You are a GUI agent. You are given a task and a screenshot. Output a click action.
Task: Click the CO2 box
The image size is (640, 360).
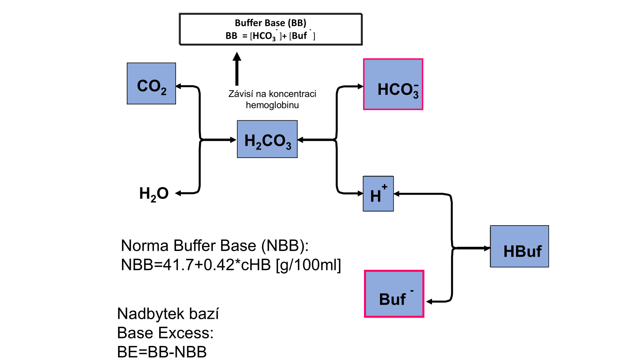pos(151,84)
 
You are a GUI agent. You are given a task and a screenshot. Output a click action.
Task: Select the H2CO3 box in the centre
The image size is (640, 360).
pos(267,139)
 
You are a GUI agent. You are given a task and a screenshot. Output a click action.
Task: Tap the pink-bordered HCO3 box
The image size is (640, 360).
pos(393,84)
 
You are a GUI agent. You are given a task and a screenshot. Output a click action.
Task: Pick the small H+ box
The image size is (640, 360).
pos(378,194)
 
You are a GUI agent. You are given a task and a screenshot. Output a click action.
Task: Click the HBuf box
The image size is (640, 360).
pos(520,246)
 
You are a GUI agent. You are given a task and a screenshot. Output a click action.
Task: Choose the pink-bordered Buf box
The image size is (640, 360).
pos(394,294)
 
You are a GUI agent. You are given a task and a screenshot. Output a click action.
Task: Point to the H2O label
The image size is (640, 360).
pos(154,194)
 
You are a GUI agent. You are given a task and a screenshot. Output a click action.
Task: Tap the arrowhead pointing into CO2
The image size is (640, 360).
pos(179,86)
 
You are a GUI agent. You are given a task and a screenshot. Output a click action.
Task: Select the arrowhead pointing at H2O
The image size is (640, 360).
pos(178,193)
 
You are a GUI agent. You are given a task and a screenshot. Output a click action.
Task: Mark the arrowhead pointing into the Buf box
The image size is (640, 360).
pos(429,302)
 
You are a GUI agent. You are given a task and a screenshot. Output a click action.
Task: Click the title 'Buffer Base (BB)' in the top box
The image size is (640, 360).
pos(270,23)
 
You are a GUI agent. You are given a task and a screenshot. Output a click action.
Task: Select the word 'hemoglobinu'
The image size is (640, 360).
pos(272,105)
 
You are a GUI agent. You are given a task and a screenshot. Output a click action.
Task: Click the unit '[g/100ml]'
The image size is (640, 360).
pos(308,265)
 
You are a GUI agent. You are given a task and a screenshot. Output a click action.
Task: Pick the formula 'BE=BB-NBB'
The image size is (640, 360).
pos(162,352)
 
